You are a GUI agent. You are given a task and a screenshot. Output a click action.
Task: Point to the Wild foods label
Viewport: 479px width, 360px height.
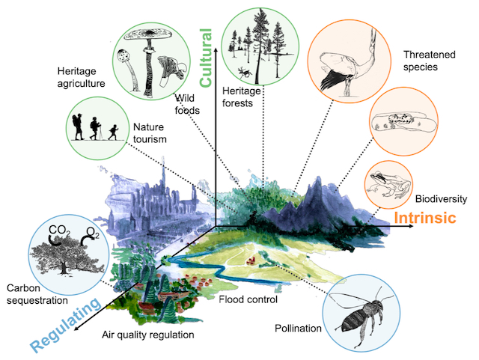[188, 104]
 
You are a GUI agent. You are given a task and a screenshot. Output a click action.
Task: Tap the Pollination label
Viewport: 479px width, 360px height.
[298, 329]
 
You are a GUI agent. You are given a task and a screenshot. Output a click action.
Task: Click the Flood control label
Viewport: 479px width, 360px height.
[248, 299]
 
